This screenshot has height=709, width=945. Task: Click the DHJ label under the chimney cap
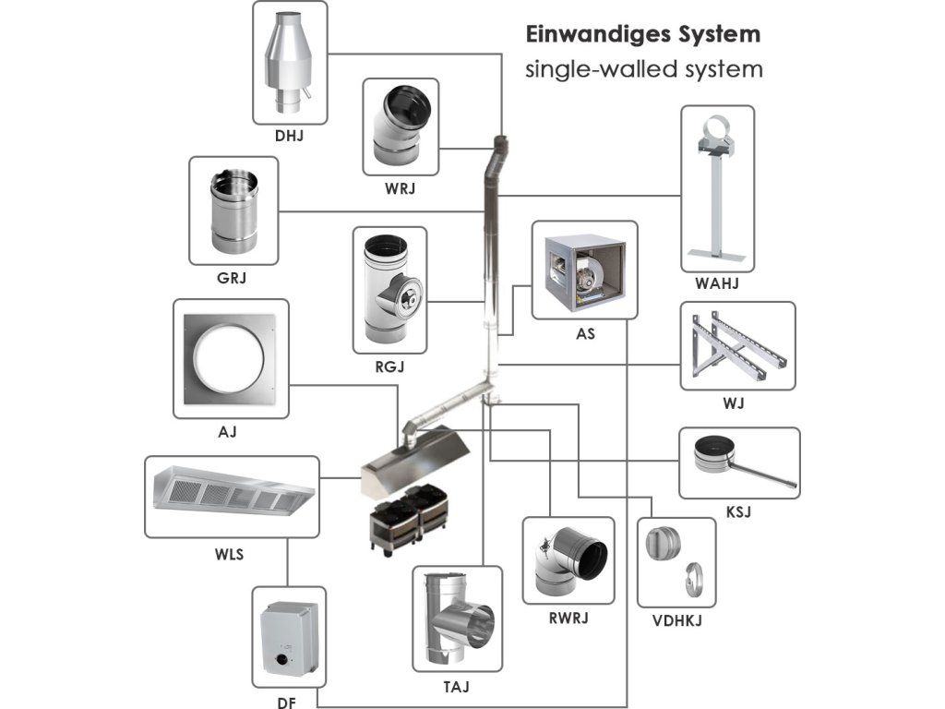(289, 136)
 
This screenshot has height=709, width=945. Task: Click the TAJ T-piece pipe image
(458, 620)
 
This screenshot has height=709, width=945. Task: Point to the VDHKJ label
(676, 620)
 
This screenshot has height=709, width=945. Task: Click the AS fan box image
(584, 270)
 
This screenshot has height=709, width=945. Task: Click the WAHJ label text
(717, 283)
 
